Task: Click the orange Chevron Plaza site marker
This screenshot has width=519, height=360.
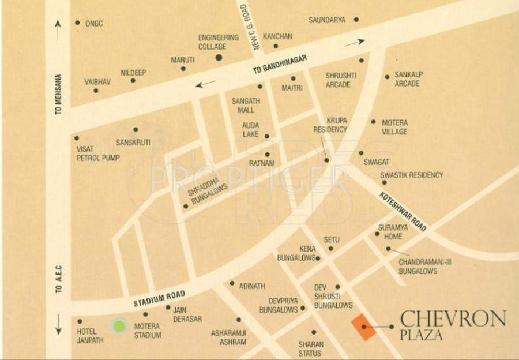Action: click(x=363, y=327)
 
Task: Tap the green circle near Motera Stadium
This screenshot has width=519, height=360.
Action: click(x=119, y=326)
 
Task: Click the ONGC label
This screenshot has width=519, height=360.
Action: click(x=93, y=23)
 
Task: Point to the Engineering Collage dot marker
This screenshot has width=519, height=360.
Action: click(x=219, y=57)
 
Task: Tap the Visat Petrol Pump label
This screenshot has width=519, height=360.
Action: click(x=97, y=153)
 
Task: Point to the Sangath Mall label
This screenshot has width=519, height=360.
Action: click(x=246, y=105)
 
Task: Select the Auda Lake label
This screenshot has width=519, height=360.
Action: click(x=250, y=129)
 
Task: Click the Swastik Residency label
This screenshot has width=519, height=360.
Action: click(x=411, y=175)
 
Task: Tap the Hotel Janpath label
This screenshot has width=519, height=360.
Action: click(x=91, y=336)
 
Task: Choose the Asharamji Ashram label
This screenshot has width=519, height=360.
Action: click(x=228, y=337)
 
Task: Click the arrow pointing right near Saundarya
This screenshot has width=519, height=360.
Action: click(x=355, y=42)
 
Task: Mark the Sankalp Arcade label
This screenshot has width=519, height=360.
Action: click(x=408, y=79)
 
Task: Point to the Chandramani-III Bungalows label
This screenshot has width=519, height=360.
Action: click(x=425, y=267)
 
